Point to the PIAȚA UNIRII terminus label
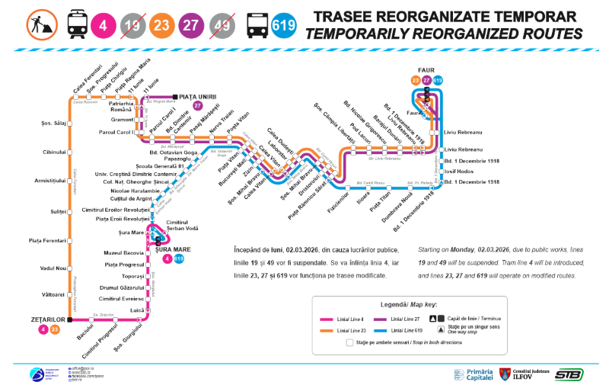click(199, 96)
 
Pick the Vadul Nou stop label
click(56, 268)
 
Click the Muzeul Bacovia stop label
click(122, 252)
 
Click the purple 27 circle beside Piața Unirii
click(199, 106)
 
